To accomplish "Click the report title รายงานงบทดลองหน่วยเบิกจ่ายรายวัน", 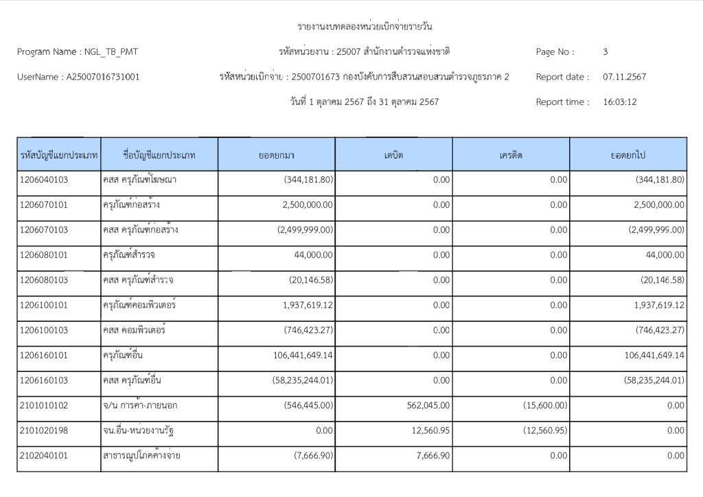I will pyautogui.click(x=365, y=27).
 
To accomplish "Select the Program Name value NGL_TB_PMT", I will pyautogui.click(x=114, y=51).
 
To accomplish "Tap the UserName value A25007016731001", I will pyautogui.click(x=103, y=77).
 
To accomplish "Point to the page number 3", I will pyautogui.click(x=605, y=51).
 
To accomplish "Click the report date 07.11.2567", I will pyautogui.click(x=624, y=77).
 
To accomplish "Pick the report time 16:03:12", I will pyautogui.click(x=620, y=102).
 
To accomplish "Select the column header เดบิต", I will pyautogui.click(x=393, y=155).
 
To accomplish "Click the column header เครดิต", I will pyautogui.click(x=511, y=155).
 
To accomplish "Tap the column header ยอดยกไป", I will pyautogui.click(x=627, y=155).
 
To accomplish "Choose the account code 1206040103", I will pyautogui.click(x=44, y=180).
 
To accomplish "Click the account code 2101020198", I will pyautogui.click(x=44, y=430).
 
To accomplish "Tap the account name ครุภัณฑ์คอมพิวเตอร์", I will pyautogui.click(x=135, y=305).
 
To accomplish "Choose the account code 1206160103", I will pyautogui.click(x=44, y=380).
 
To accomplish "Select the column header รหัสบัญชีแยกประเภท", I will pyautogui.click(x=59, y=155).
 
